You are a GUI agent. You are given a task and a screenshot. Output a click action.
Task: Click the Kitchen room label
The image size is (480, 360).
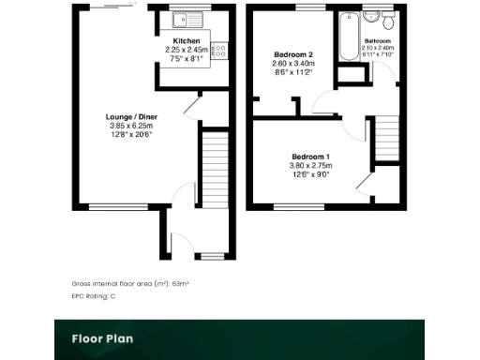coord(185,41)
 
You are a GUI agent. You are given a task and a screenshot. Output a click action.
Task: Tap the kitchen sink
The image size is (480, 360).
coord(180,18)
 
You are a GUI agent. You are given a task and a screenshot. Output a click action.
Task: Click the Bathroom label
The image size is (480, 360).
coord(378,41)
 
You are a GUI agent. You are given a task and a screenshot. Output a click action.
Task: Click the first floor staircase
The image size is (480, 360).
coord(387,139)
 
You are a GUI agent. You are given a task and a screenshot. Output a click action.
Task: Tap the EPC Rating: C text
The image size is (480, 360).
coord(94,296)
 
